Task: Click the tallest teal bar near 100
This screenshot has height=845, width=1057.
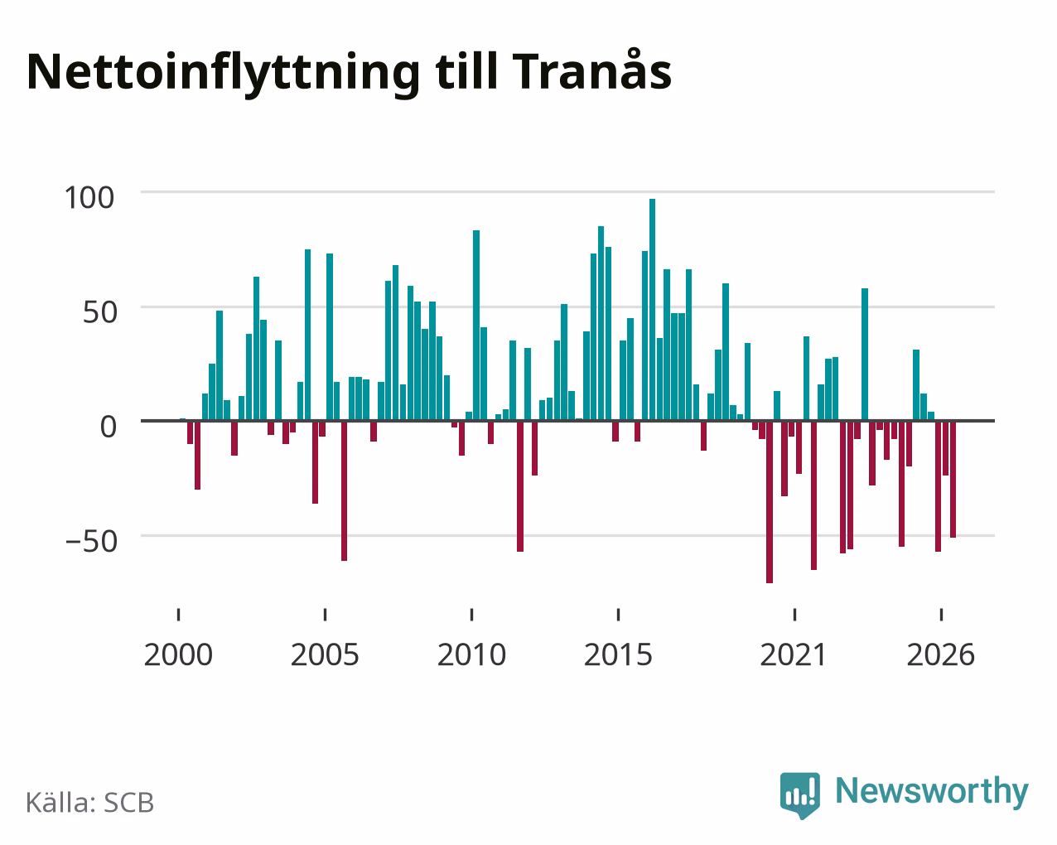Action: pos(652,310)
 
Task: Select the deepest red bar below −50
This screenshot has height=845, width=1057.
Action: pos(770,502)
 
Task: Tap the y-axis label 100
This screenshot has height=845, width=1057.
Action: pos(89,198)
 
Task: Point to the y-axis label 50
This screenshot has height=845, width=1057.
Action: pos(100,312)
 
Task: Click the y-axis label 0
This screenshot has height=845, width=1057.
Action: pos(109,427)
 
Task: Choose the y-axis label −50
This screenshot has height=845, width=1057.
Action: pos(91,542)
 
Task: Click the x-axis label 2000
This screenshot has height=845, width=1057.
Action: pos(178,654)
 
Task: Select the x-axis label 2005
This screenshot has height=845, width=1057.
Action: pos(325,654)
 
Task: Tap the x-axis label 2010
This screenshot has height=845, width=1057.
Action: pos(471,654)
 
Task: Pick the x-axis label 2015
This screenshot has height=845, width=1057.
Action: pos(618,654)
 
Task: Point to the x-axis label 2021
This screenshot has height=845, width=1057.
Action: pos(794,654)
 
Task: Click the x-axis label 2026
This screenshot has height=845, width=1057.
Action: pos(940,654)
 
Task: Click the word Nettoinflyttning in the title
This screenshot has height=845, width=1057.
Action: pos(224,74)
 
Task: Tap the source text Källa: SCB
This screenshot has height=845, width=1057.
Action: pos(90,803)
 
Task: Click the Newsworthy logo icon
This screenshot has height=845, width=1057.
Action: pos(800,795)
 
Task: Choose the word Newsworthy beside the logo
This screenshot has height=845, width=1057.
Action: pos(932,792)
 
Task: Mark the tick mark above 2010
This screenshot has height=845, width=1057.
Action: pos(471,615)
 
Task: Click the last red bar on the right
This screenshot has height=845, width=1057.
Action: pos(953,480)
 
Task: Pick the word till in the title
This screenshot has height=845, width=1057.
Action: pos(466,70)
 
